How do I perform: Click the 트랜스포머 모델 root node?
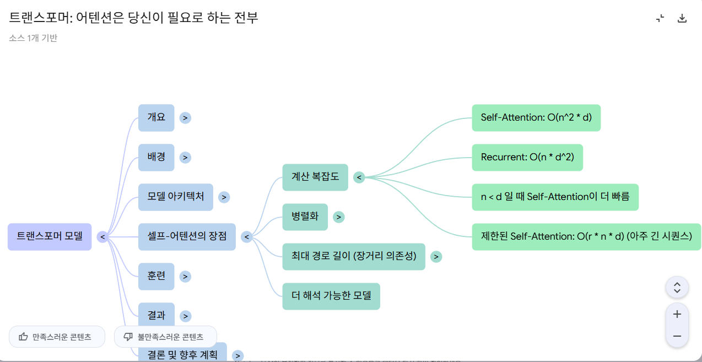[x=50, y=237]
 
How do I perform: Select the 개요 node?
[x=156, y=118]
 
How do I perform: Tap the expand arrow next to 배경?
[x=186, y=158]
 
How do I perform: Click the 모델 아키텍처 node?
[x=176, y=197]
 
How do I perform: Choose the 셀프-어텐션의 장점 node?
[x=187, y=237]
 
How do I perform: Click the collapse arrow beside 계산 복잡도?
[x=359, y=177]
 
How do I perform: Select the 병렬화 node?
[x=305, y=217]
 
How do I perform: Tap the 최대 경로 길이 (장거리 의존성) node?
[x=354, y=257]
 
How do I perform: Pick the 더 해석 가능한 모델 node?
[x=331, y=296]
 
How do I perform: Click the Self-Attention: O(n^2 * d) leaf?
[x=536, y=118]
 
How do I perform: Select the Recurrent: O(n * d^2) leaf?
[x=527, y=158]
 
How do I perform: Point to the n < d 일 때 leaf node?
[x=555, y=197]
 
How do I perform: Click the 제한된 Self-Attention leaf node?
[x=586, y=237]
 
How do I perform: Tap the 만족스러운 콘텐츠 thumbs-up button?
[x=57, y=337]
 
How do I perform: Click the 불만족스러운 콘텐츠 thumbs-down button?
[x=165, y=337]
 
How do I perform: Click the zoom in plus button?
[x=677, y=315]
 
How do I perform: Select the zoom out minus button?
[x=677, y=336]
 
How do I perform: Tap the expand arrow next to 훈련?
[x=186, y=277]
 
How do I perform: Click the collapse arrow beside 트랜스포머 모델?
[x=102, y=237]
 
